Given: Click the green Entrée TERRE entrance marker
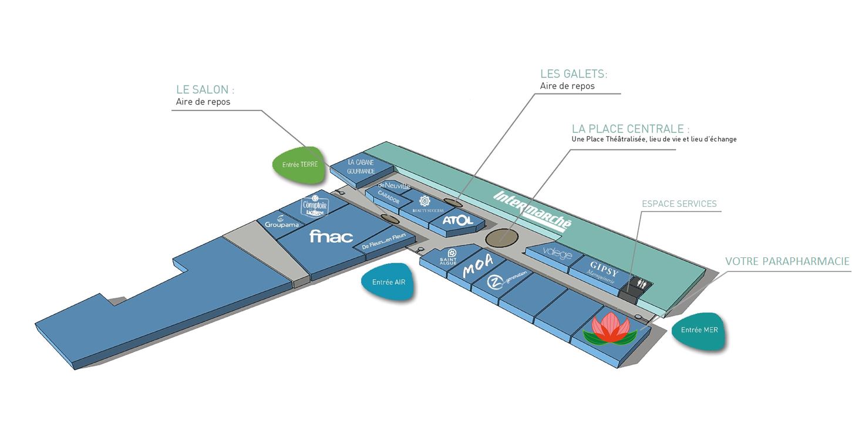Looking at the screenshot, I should point(299,164).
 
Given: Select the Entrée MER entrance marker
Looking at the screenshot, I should point(699,330).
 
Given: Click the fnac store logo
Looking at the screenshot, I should point(331,236).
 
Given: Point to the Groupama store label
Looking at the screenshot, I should point(282,224).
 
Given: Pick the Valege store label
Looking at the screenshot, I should point(557,254).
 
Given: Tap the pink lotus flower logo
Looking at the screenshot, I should point(609,329).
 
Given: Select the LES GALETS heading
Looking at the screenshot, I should point(574,74).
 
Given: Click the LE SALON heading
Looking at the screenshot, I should point(205,90).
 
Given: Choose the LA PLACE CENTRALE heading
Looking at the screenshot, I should point(631,129).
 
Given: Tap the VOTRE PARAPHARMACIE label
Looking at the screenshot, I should point(787,261).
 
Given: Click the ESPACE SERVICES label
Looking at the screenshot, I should point(679,204).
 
